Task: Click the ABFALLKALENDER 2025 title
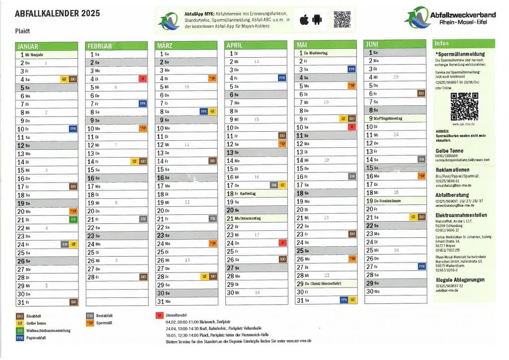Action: tap(54, 13)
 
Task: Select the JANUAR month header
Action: tap(28, 46)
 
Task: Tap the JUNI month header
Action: tap(372, 44)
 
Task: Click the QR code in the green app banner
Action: tap(342, 19)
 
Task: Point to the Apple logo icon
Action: tap(304, 20)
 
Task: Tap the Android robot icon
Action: tap(318, 20)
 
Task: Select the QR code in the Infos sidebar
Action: tap(464, 105)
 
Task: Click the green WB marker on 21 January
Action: tap(74, 219)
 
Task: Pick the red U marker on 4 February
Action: tap(143, 79)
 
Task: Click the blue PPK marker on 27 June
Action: tap(422, 266)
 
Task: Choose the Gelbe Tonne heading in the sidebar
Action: tap(449, 150)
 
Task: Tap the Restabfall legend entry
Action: tap(104, 315)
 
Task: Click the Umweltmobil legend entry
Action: tap(176, 315)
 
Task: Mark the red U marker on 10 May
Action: tap(351, 127)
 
